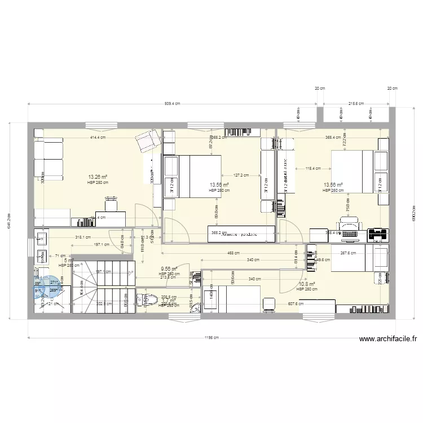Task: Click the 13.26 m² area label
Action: coord(97,177)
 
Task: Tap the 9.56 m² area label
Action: coord(169,269)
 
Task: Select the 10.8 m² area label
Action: coord(306,284)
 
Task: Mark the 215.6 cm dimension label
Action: coord(356,104)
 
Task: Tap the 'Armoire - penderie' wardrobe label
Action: coord(240,232)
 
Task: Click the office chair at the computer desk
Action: coord(347,224)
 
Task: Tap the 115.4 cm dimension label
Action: coord(312,168)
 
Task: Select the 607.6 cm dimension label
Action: coord(296,304)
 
